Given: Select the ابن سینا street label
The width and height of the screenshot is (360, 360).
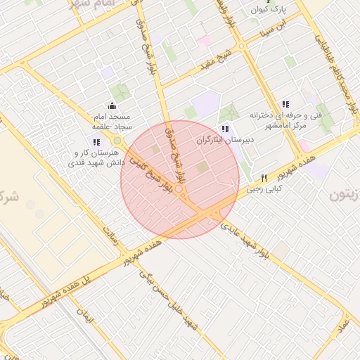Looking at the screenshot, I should tap(273, 29).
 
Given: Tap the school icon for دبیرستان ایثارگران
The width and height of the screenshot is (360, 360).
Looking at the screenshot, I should tap(224, 129).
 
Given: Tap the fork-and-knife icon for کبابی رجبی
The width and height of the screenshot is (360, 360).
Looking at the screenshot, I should tap(264, 177).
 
